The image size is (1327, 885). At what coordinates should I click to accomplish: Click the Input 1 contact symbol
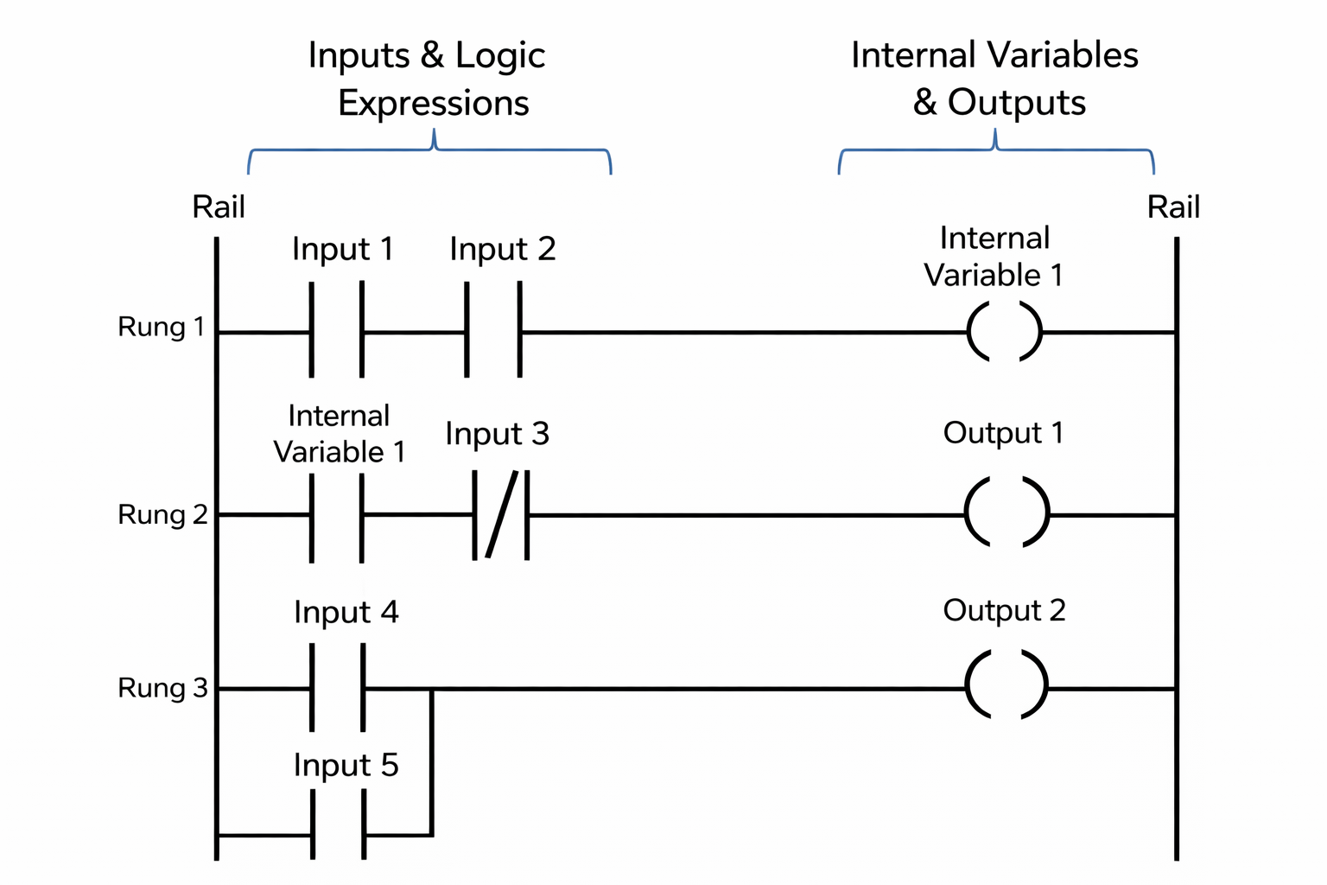point(336,331)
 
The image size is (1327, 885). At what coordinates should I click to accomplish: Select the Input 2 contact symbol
point(493,331)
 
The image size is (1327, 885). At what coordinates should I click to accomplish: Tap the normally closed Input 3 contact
point(501,515)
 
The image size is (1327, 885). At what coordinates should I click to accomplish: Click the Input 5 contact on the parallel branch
point(338,835)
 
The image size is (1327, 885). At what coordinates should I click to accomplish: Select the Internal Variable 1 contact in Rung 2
point(336,515)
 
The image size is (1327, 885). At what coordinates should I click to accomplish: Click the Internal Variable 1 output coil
point(1004,331)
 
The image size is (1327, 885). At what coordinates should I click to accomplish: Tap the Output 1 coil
point(1006,513)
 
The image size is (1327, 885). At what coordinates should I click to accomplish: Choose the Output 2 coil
point(1006,685)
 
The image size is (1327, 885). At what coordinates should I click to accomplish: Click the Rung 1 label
point(162,328)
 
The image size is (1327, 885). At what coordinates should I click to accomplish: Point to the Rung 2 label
point(162,515)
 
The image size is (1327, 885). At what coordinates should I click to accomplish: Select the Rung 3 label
point(162,688)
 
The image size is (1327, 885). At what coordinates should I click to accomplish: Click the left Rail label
point(219,207)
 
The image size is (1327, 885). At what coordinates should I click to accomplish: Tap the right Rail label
point(1173,207)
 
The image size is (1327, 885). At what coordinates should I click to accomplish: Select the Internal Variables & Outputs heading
point(996,79)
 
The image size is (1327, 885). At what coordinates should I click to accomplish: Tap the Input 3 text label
point(497,434)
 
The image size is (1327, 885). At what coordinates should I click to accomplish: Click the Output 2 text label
point(1004,610)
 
